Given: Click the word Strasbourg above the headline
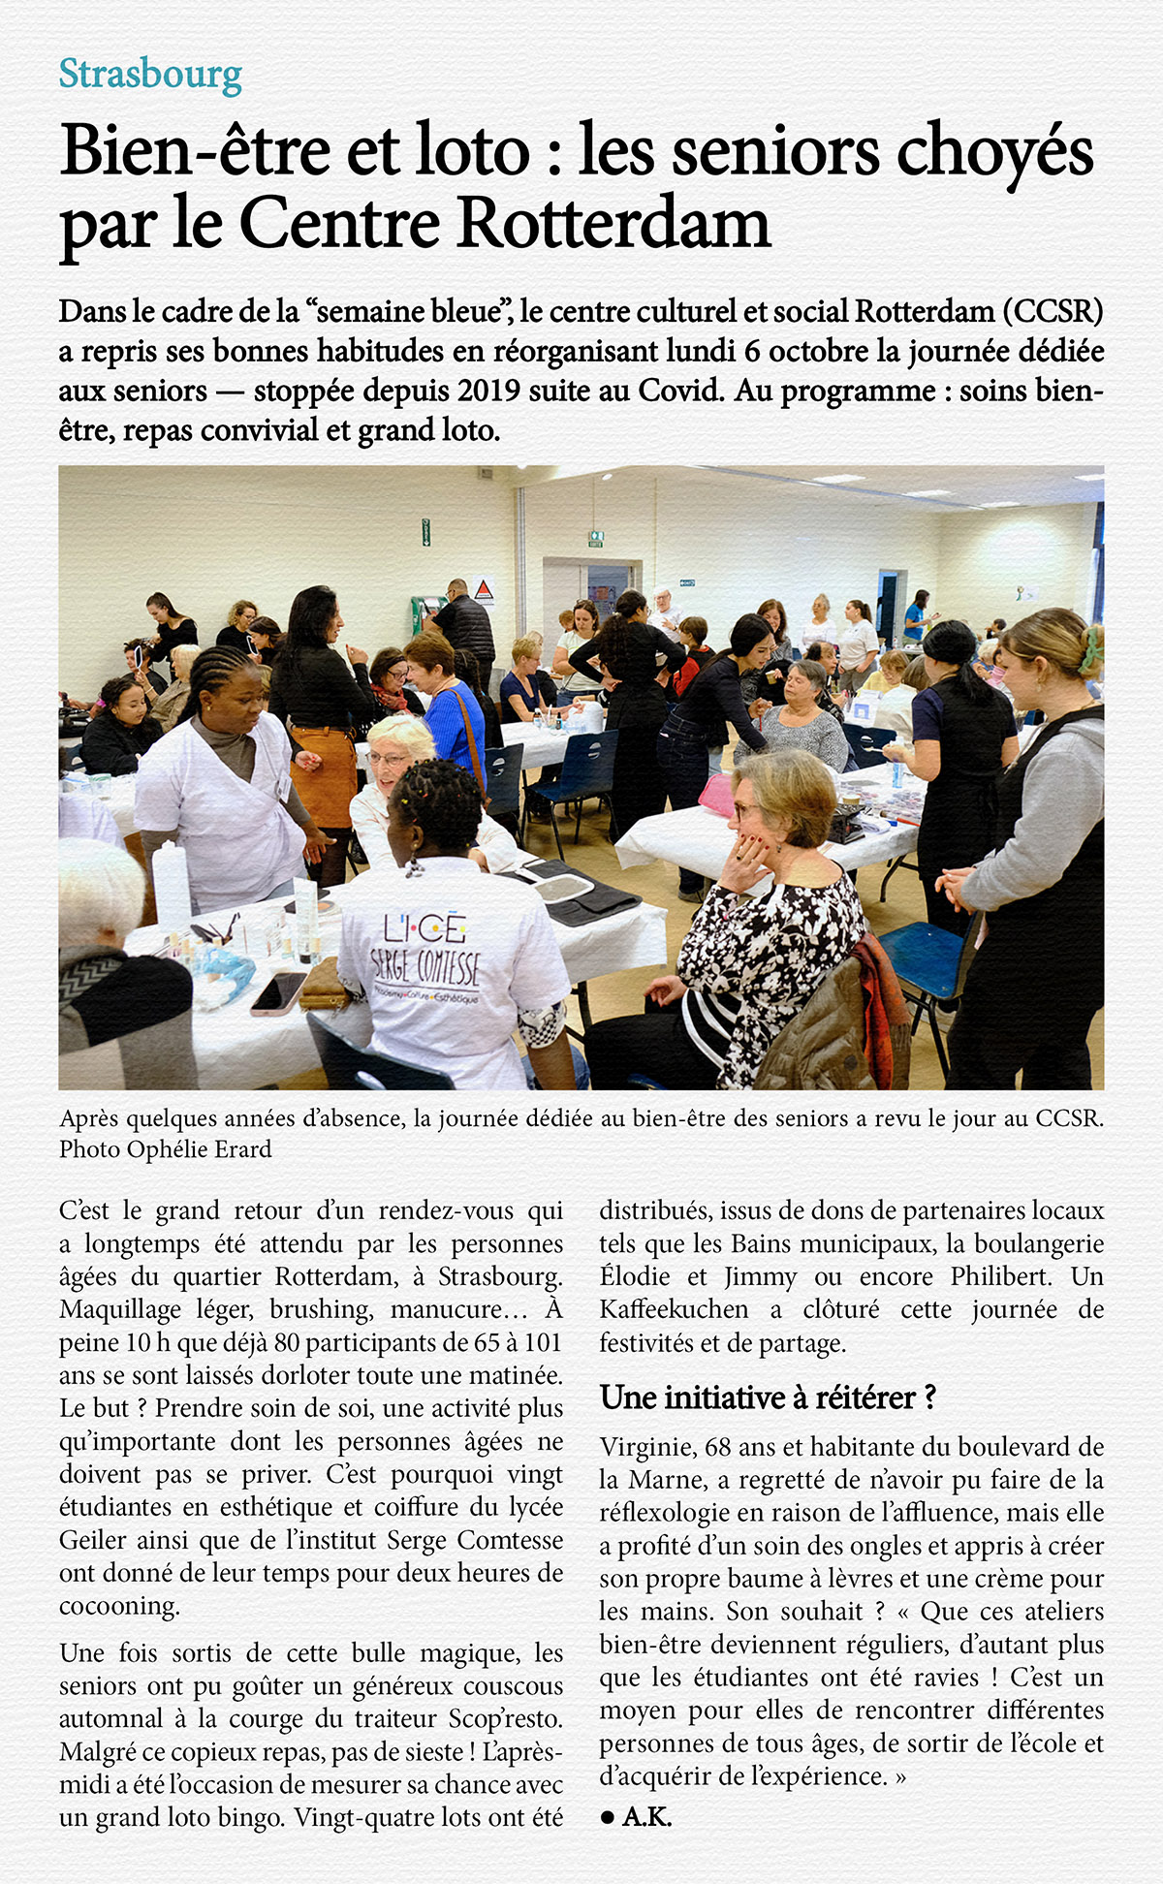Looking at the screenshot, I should pyautogui.click(x=150, y=75).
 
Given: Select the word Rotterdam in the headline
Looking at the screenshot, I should pyautogui.click(x=613, y=224).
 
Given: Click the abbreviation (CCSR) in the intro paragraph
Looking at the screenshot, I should pyautogui.click(x=1053, y=312).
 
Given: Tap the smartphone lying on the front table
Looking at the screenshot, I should pyautogui.click(x=278, y=991).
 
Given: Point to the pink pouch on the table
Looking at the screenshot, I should pyautogui.click(x=718, y=795).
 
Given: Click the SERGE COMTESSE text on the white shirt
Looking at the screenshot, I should pyautogui.click(x=425, y=964).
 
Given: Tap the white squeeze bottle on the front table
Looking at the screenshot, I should pyautogui.click(x=172, y=887).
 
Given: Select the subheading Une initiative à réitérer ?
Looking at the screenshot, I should pyautogui.click(x=768, y=1397).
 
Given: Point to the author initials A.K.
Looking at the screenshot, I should pyautogui.click(x=646, y=1817).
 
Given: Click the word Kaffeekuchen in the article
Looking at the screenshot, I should pyautogui.click(x=674, y=1309).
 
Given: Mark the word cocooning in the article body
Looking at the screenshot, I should pyautogui.click(x=119, y=1606).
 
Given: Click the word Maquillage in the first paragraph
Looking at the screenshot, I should pyautogui.click(x=119, y=1309).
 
